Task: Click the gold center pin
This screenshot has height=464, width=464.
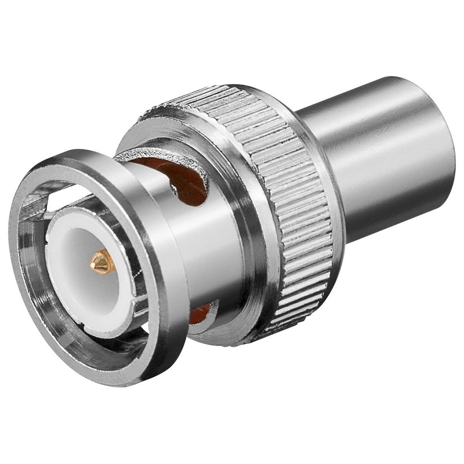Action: coord(102,262)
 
